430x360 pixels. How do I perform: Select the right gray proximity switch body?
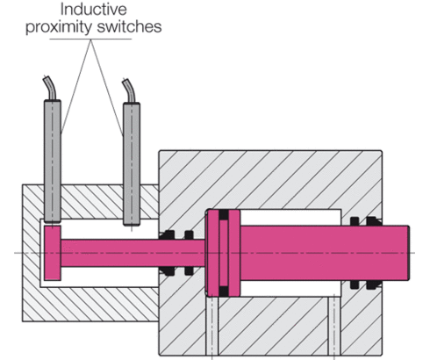132,162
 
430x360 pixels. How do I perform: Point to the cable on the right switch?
130,91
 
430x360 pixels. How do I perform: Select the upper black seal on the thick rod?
362,221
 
